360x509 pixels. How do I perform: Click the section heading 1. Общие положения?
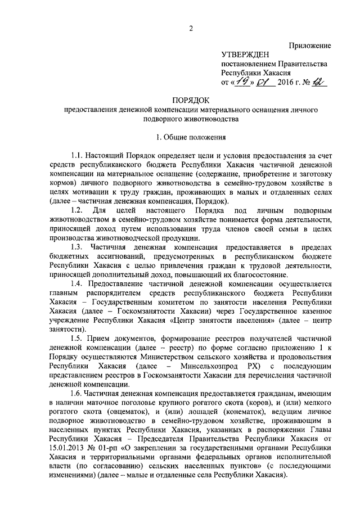[x=191, y=137]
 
